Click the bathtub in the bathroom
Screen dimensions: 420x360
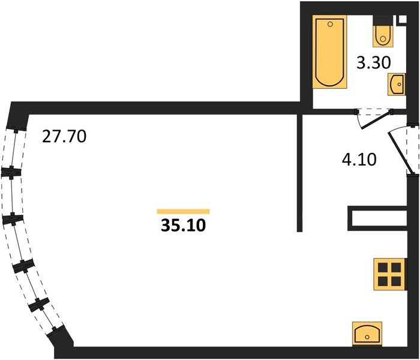pyautogui.click(x=330, y=52)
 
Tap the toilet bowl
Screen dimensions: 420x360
pyautogui.click(x=383, y=37)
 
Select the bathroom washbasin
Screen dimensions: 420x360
pyautogui.click(x=397, y=85)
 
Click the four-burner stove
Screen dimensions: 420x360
pyautogui.click(x=390, y=274)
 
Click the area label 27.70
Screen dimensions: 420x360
pyautogui.click(x=64, y=136)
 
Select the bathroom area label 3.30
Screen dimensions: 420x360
pyautogui.click(x=374, y=63)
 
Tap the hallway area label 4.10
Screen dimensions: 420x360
pyautogui.click(x=359, y=160)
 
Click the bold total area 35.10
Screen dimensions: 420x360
pyautogui.click(x=184, y=224)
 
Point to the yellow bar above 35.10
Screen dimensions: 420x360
pyautogui.click(x=183, y=212)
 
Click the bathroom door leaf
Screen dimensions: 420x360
pyautogui.click(x=376, y=120)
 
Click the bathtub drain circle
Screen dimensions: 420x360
pyautogui.click(x=330, y=24)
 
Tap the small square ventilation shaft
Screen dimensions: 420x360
pyautogui.click(x=403, y=19)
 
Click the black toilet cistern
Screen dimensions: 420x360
pyautogui.click(x=383, y=20)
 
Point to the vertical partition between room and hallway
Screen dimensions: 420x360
pyautogui.click(x=300, y=173)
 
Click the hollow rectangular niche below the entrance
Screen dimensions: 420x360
pyautogui.click(x=377, y=219)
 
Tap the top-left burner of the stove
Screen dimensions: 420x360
pyautogui.click(x=383, y=268)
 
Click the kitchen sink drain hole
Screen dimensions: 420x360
pyautogui.click(x=367, y=337)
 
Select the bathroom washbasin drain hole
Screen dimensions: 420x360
pyautogui.click(x=400, y=85)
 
